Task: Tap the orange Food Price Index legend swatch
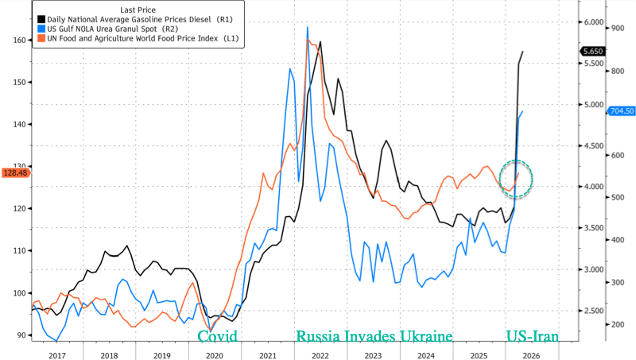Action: point(37,37)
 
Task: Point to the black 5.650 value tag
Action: point(593,52)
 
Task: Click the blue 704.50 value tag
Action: point(621,111)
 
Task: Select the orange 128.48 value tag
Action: point(15,172)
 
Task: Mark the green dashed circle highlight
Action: point(516,179)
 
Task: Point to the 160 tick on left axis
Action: point(17,40)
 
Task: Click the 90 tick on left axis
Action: point(20,335)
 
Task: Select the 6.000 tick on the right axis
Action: point(592,23)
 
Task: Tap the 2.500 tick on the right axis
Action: point(592,311)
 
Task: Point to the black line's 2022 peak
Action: point(320,42)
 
